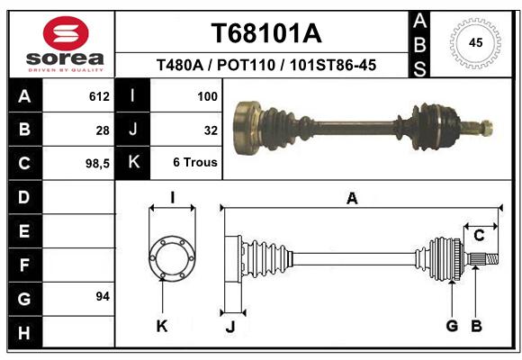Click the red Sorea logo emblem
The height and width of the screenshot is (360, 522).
66,33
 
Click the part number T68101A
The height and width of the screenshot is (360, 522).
266,33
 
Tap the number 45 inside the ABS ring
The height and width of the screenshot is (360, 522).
475,42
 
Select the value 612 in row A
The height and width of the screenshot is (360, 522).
99,96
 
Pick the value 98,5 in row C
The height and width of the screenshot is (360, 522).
97,164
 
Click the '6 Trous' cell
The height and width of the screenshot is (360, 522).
195,163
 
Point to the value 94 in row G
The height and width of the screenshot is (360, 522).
103,296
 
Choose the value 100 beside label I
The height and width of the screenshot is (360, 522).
207,96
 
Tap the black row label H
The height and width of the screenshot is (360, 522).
24,332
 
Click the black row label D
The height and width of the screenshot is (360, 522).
24,197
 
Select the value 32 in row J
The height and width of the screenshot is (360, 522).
211,130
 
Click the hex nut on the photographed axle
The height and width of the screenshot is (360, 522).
486,128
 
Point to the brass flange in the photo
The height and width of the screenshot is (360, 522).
246,128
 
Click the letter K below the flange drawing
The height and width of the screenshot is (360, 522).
162,327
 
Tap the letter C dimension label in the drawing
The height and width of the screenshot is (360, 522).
479,236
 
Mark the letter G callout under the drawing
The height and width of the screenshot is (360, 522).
452,326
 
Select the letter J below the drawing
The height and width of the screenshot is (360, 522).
230,327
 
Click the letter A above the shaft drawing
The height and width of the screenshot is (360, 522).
352,199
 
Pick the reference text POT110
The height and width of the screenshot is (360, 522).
246,65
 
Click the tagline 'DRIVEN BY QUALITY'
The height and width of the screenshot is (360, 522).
66,70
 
